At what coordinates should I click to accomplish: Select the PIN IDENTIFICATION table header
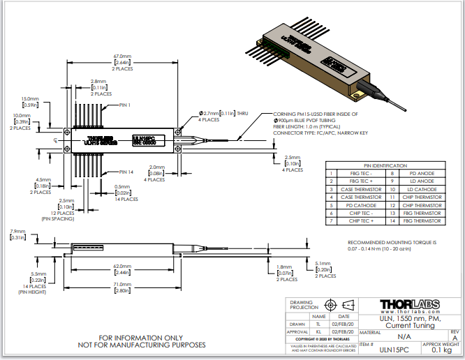tap(385, 165)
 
